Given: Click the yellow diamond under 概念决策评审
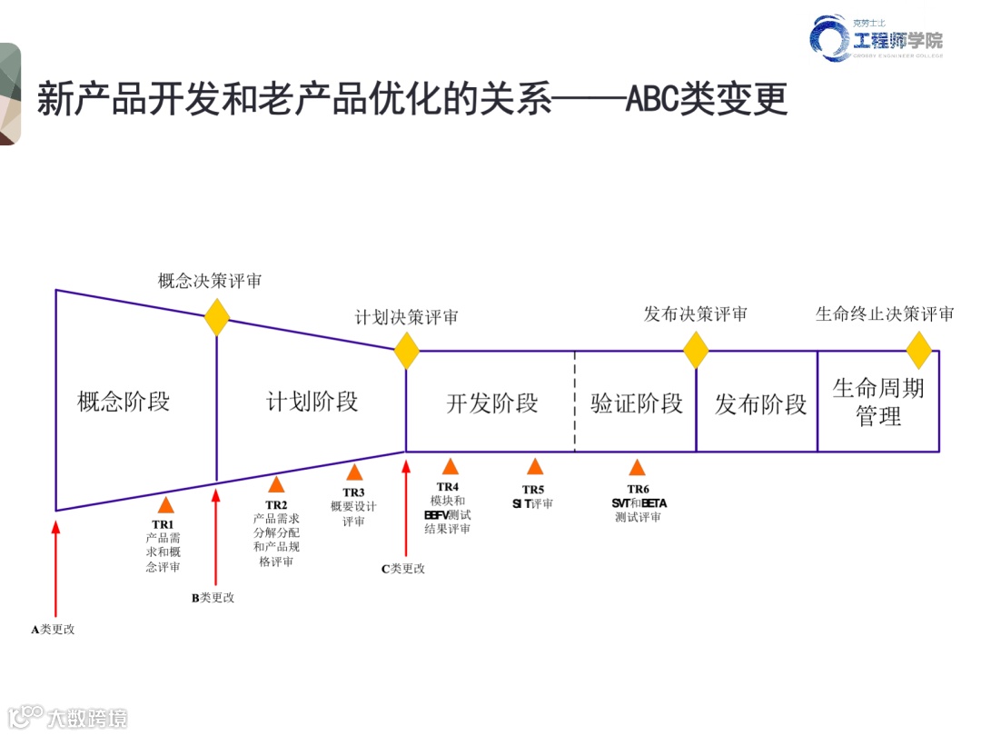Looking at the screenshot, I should (x=217, y=316).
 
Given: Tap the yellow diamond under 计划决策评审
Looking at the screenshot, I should (x=406, y=351).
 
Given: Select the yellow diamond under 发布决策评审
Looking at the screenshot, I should (x=696, y=350).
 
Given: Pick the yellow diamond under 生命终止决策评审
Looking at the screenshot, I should (x=919, y=350).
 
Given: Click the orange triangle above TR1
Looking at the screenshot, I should (x=165, y=505).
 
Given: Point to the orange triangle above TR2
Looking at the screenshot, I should (x=276, y=484).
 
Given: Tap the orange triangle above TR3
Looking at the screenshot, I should (x=354, y=472).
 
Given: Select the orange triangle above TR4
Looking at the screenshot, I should (x=450, y=467).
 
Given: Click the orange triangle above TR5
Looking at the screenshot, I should (x=535, y=467).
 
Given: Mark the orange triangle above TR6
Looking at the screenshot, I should (x=638, y=468).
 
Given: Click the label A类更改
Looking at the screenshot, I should (x=54, y=629).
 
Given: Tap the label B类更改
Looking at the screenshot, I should (x=213, y=598).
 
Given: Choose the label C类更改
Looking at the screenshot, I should (x=403, y=569).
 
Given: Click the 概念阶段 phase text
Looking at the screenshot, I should (x=124, y=401).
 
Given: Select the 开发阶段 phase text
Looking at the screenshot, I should (x=491, y=403).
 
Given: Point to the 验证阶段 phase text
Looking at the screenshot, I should (x=636, y=403).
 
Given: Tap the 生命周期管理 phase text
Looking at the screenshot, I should (x=878, y=402).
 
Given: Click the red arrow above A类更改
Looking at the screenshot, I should (x=56, y=568).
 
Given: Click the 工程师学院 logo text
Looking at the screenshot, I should (x=897, y=41).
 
